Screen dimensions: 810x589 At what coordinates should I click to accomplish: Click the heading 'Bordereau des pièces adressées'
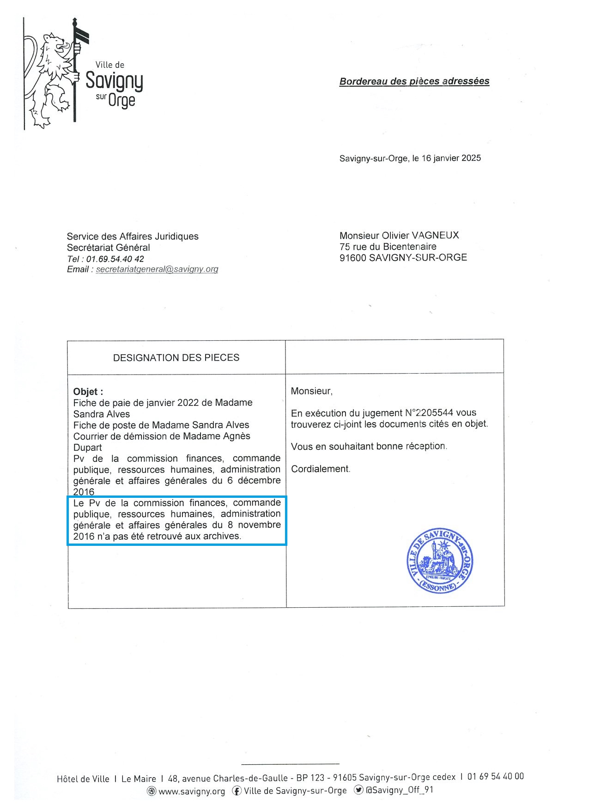[x=414, y=81]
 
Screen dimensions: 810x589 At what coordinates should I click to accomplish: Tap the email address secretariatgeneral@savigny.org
[x=157, y=269]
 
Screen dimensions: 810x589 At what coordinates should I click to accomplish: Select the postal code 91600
[x=353, y=258]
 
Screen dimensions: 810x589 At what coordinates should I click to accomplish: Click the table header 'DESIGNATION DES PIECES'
[x=176, y=357]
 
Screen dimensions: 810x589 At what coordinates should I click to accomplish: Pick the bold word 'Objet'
[x=86, y=392]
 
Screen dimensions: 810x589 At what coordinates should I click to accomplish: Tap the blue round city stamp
[x=440, y=561]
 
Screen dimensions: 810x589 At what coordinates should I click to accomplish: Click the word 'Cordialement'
[x=320, y=469]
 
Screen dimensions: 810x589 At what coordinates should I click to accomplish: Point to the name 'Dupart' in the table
[x=88, y=447]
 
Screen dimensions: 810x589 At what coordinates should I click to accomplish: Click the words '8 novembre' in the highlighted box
[x=254, y=525]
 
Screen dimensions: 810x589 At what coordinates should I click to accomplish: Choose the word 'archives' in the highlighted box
[x=222, y=536]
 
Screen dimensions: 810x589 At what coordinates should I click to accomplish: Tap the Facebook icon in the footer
[x=237, y=791]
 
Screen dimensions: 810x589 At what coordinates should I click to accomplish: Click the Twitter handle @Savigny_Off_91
[x=399, y=790]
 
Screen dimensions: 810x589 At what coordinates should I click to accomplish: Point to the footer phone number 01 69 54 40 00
[x=495, y=776]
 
